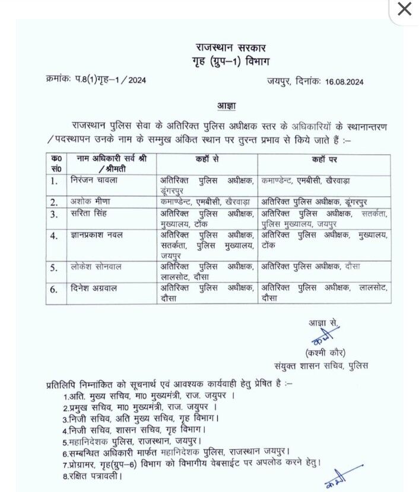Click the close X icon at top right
(404, 9)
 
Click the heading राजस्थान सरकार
(231, 47)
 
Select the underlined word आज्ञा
(226, 106)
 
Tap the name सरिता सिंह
(90, 213)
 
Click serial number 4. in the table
(55, 236)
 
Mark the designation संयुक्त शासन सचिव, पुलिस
(320, 366)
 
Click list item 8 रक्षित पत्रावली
(92, 475)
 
